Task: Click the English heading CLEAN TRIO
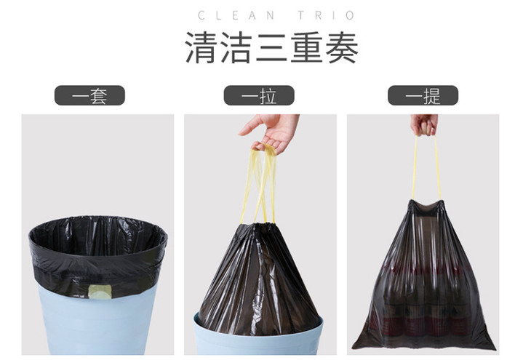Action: click(276, 15)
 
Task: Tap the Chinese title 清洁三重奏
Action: click(271, 48)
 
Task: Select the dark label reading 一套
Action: click(89, 95)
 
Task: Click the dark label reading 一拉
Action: click(259, 95)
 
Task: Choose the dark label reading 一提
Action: click(423, 95)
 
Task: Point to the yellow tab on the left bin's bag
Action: click(100, 292)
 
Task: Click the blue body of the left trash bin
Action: click(97, 321)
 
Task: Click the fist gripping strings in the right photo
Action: click(424, 124)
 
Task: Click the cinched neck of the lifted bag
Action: click(426, 206)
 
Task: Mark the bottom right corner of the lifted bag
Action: click(495, 348)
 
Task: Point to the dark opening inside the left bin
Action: click(99, 237)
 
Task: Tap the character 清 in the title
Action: click(201, 48)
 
